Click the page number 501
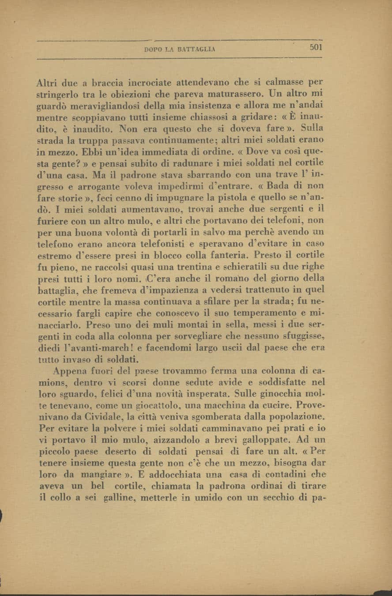pyautogui.click(x=316, y=48)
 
